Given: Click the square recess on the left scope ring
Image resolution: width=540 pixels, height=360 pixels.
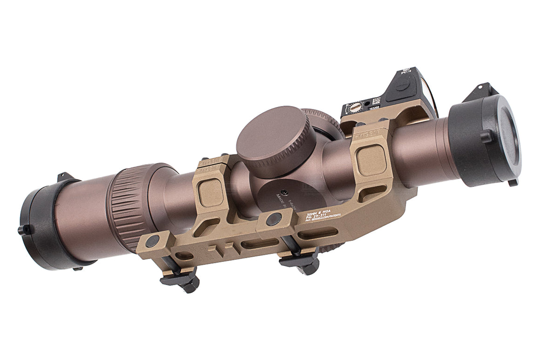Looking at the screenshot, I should click(x=210, y=191).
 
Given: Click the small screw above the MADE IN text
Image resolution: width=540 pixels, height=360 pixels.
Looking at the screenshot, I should click(x=284, y=190).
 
